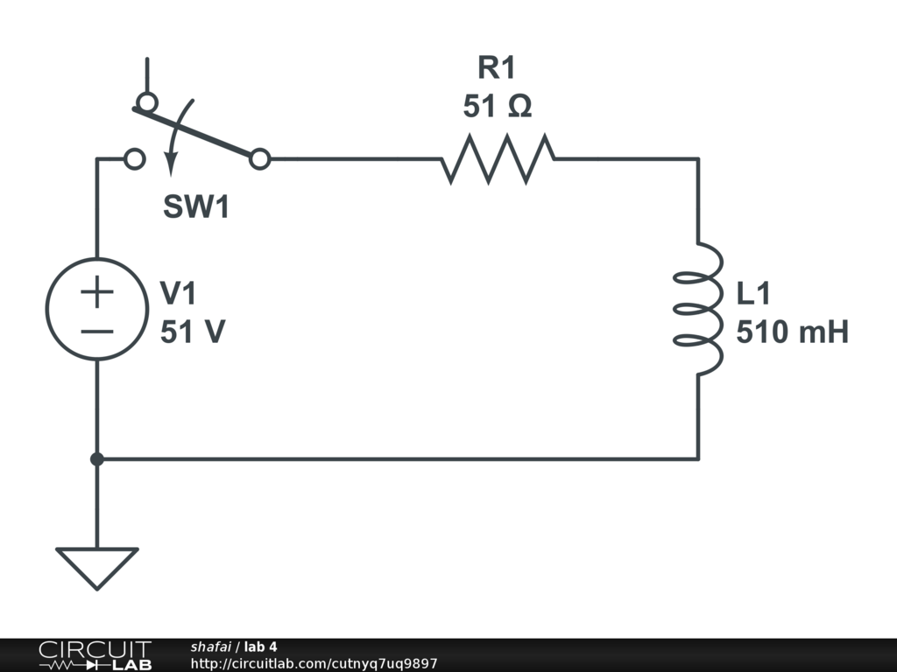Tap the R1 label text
coord(498,68)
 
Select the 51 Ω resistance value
coord(498,107)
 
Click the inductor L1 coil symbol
coord(699,308)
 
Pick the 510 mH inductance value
coord(792,332)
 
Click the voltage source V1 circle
coord(96,308)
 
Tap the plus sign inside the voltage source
coord(96,292)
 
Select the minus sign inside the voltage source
coord(96,331)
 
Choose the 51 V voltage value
coord(193,332)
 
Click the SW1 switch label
coord(196,207)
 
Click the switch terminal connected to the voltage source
coord(134,159)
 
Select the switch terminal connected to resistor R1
coord(259,159)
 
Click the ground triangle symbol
coord(96,565)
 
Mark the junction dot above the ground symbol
coord(96,458)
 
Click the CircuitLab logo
coord(95,654)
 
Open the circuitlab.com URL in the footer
coord(314,664)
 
